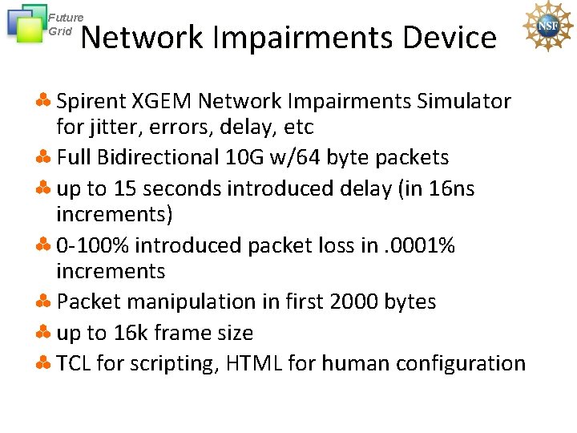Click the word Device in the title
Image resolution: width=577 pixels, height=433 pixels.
pyautogui.click(x=450, y=38)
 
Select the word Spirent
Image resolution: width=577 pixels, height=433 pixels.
pyautogui.click(x=91, y=102)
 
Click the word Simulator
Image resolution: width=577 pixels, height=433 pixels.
pyautogui.click(x=464, y=102)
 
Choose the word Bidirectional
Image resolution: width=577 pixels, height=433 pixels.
pyautogui.click(x=174, y=157)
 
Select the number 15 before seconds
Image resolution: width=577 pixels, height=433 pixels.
pyautogui.click(x=124, y=188)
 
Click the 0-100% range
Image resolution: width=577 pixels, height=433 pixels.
pyautogui.click(x=95, y=245)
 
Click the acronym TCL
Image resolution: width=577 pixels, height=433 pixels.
pyautogui.click(x=75, y=363)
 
